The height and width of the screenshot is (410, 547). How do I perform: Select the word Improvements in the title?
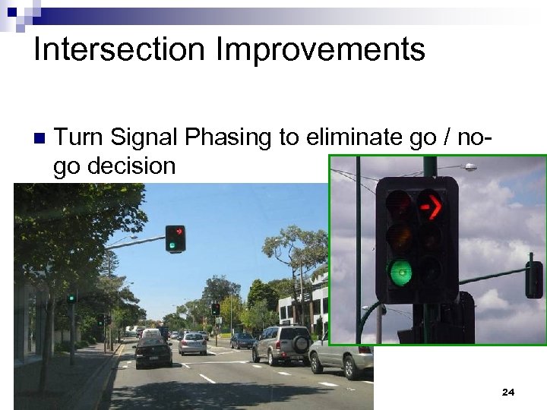click(x=320, y=50)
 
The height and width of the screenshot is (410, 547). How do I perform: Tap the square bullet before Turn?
click(x=40, y=139)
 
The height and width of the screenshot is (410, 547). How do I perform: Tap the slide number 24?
click(x=508, y=393)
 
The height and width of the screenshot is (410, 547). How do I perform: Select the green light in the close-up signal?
click(x=400, y=271)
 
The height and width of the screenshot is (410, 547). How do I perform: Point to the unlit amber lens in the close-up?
click(x=400, y=238)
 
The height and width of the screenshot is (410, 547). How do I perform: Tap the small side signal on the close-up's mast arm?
click(x=534, y=279)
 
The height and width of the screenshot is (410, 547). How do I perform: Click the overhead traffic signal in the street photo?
click(x=175, y=238)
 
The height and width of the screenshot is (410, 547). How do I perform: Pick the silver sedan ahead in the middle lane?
click(x=193, y=343)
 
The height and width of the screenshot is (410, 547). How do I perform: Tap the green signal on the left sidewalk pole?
click(x=71, y=298)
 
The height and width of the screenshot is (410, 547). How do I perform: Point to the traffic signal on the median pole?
click(x=216, y=309)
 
